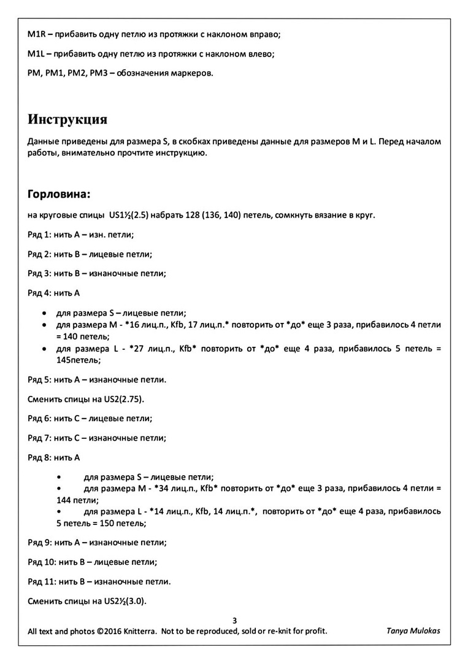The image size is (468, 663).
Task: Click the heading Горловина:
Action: point(59,195)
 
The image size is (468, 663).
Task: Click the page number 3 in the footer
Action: point(234,620)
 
